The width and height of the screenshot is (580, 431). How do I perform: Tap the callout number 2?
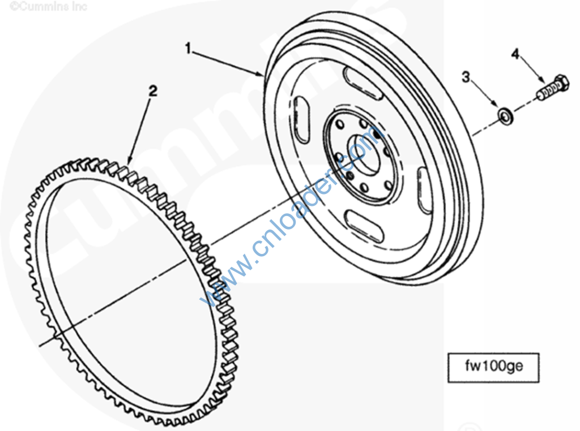pyautogui.click(x=152, y=90)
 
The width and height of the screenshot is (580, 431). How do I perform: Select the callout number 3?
pyautogui.click(x=466, y=77)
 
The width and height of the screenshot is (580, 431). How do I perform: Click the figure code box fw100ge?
pyautogui.click(x=494, y=368)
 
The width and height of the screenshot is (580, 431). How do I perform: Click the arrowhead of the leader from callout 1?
pyautogui.click(x=261, y=74)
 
